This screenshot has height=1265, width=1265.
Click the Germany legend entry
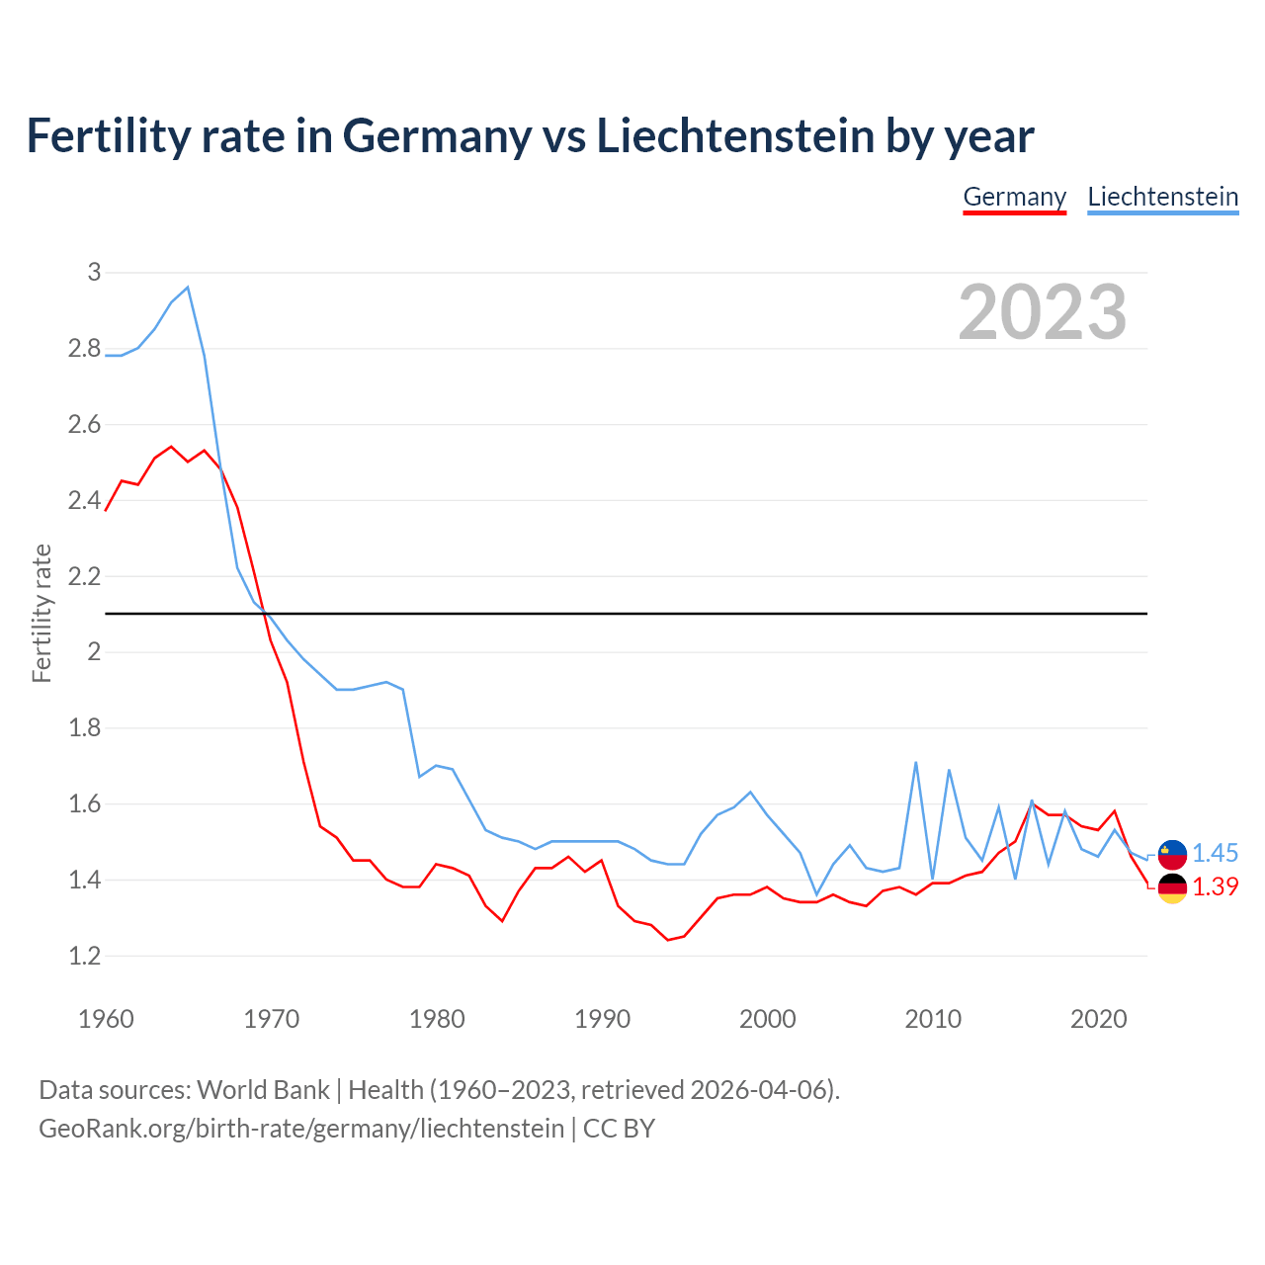[1014, 197]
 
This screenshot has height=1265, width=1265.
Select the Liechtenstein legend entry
[1162, 197]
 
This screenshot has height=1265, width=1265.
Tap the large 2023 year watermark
[1043, 312]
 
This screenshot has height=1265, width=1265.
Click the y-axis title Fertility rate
[42, 613]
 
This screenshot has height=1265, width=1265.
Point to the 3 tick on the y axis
[94, 272]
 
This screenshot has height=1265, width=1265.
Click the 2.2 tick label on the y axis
[85, 576]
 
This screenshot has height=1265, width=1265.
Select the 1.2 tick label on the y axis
[85, 956]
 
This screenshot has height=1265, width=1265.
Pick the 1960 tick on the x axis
[106, 1019]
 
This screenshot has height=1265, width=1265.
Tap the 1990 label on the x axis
[602, 1019]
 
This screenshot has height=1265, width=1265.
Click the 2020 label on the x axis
[1098, 1019]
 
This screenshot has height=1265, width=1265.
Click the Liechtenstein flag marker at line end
[1172, 854]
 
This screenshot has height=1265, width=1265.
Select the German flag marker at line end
[1172, 887]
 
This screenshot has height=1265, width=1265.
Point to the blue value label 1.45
[1215, 854]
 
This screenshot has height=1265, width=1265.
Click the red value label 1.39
[1215, 887]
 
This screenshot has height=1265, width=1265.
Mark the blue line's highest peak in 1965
[188, 288]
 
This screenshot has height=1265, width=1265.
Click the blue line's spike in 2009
[916, 763]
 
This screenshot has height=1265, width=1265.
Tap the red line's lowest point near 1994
[668, 940]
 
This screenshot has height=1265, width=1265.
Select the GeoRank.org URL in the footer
[301, 1129]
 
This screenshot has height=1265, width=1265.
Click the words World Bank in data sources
[263, 1090]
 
